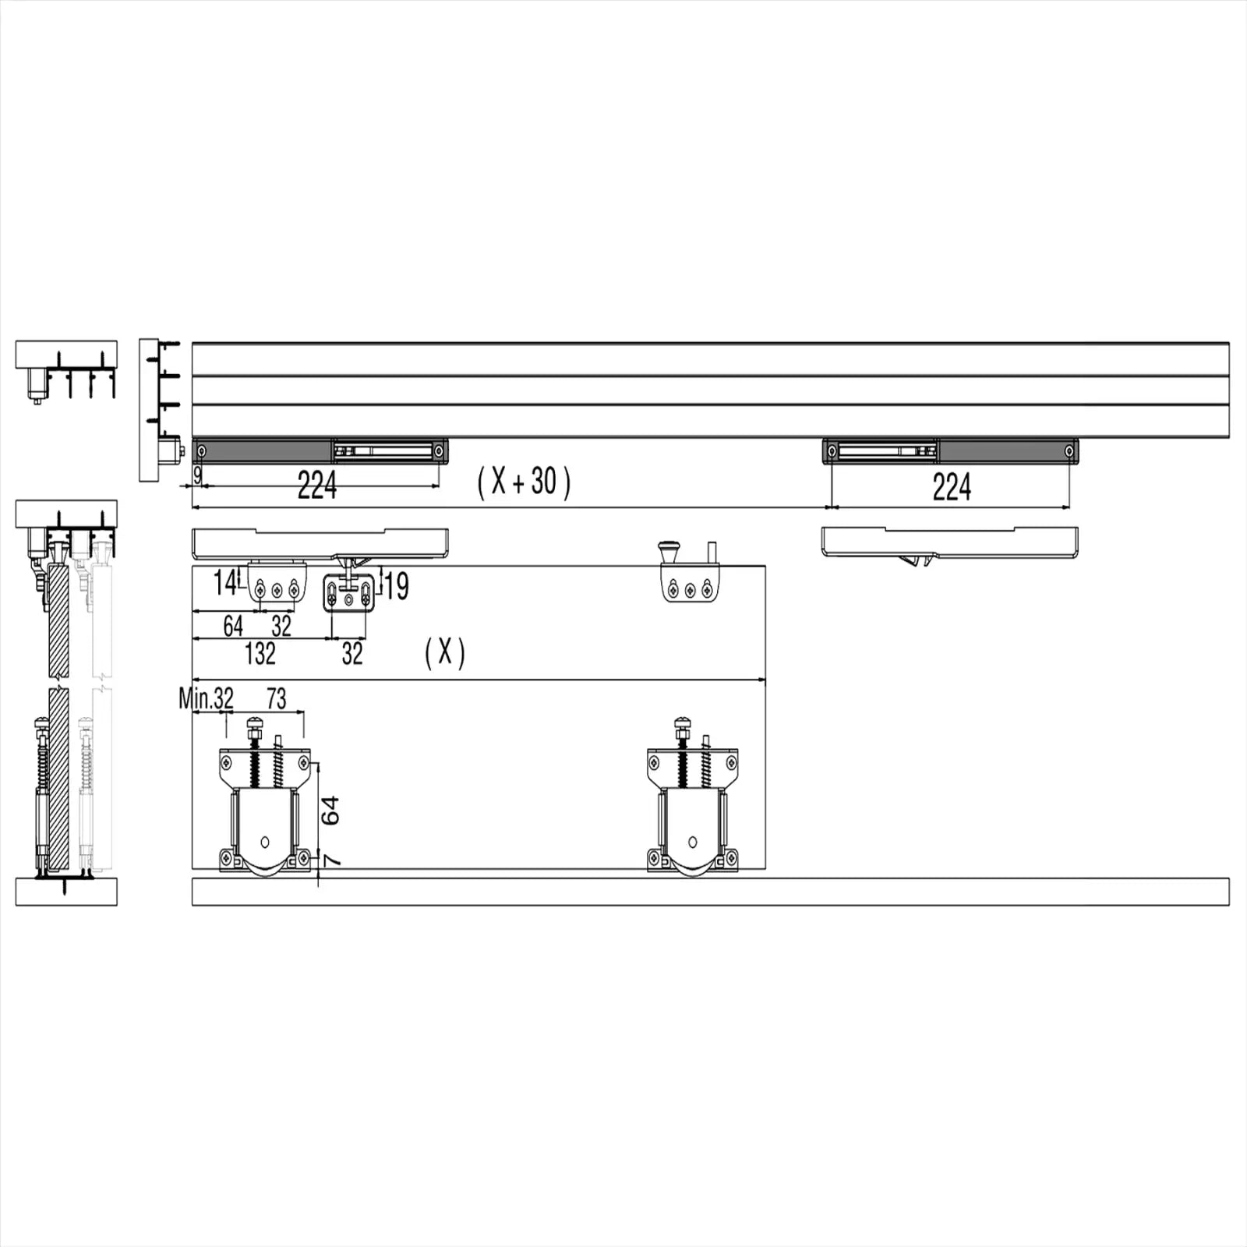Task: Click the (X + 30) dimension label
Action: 524,482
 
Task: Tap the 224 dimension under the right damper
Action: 952,487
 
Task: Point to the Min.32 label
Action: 206,698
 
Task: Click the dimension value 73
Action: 277,698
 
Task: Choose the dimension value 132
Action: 260,653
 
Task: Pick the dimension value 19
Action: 397,586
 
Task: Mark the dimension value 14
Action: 225,583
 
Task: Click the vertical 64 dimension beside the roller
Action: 330,811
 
